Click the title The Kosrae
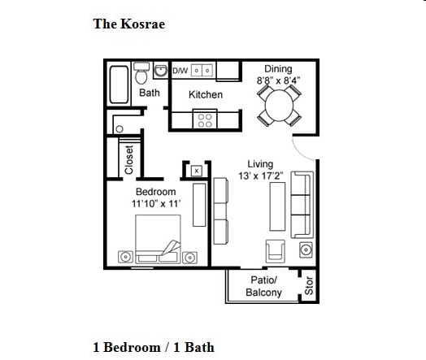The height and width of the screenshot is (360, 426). tap(129, 24)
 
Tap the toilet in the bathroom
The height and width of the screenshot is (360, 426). tap(141, 73)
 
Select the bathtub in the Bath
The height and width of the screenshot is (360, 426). tap(119, 85)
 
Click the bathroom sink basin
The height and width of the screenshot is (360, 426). tap(161, 71)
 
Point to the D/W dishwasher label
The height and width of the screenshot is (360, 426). tap(180, 71)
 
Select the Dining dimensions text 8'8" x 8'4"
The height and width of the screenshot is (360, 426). tap(279, 80)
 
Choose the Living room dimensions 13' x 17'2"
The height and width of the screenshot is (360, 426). tap(261, 176)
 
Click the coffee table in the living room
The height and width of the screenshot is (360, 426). tap(277, 206)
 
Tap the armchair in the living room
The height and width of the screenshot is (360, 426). tap(276, 251)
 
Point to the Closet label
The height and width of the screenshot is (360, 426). tap(129, 159)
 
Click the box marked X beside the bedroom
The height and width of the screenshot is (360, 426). tap(197, 171)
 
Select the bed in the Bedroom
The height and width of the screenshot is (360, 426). tap(158, 239)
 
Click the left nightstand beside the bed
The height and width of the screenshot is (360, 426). tap(125, 257)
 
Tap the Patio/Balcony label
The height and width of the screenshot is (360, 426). tap(263, 286)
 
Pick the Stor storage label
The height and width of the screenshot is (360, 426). tap(309, 285)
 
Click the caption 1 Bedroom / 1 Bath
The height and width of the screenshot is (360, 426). tap(154, 347)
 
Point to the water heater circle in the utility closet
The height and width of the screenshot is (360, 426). tap(120, 129)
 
